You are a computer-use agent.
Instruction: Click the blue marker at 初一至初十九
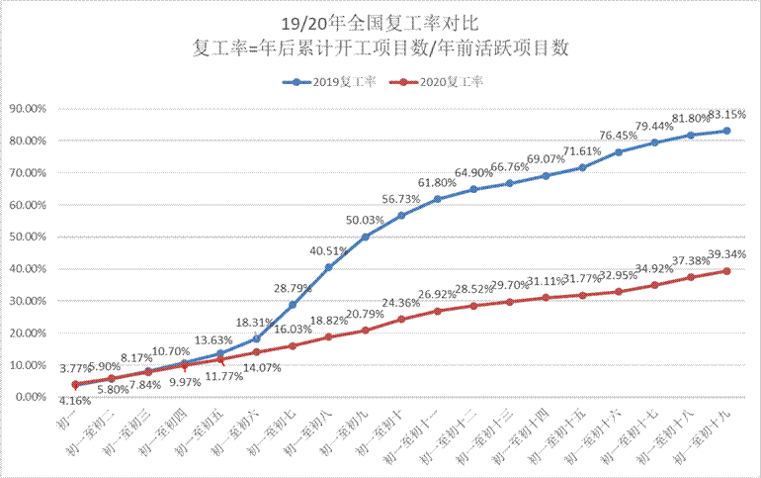[726, 131]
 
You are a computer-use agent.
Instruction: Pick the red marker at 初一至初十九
[726, 271]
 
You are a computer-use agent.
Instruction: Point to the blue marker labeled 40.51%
[329, 267]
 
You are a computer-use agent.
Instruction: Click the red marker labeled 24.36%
[401, 319]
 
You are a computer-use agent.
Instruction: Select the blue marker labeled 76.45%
[619, 152]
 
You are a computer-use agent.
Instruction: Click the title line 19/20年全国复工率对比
[380, 20]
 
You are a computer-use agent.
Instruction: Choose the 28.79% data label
[294, 288]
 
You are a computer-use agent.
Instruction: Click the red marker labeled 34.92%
[654, 285]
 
